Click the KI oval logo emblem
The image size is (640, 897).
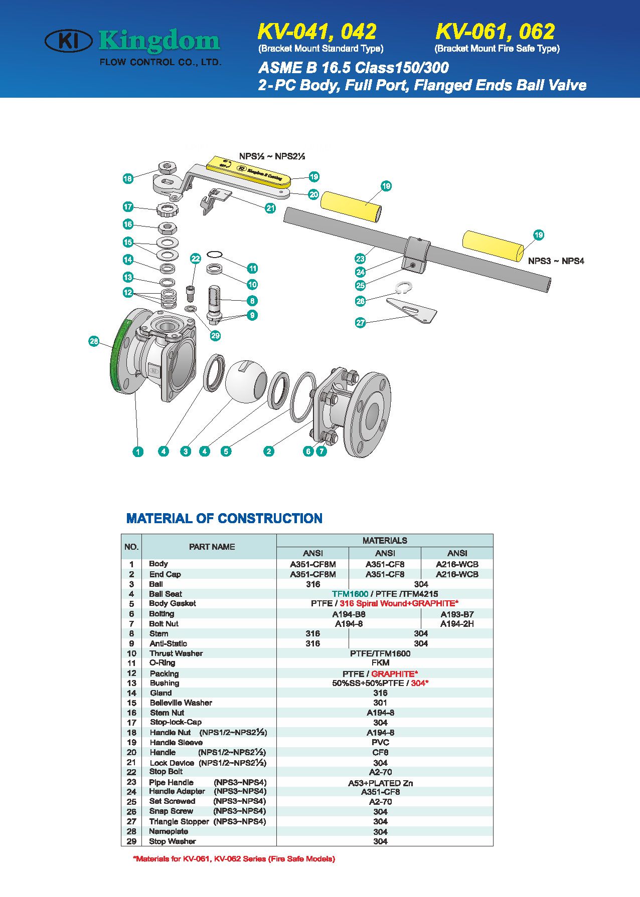tap(68, 41)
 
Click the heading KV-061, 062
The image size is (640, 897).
tap(495, 32)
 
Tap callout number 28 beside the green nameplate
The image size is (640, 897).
tap(94, 341)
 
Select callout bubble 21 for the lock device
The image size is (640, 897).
tap(270, 208)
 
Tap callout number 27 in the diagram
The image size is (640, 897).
tap(360, 323)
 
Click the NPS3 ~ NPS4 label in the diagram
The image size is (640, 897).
tap(556, 261)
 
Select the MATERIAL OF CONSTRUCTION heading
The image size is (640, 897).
tap(224, 518)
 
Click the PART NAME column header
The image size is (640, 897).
tap(212, 547)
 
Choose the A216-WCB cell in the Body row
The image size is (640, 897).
tap(457, 564)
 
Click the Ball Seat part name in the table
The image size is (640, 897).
tap(166, 594)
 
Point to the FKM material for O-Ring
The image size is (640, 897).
tap(380, 663)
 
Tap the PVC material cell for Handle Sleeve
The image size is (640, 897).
tap(380, 742)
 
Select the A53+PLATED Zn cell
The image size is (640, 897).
tap(380, 783)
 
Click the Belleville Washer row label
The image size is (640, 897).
tap(181, 703)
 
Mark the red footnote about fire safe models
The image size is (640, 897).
tap(234, 858)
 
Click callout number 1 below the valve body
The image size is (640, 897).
tap(138, 452)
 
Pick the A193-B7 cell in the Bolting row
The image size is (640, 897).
tap(457, 614)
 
